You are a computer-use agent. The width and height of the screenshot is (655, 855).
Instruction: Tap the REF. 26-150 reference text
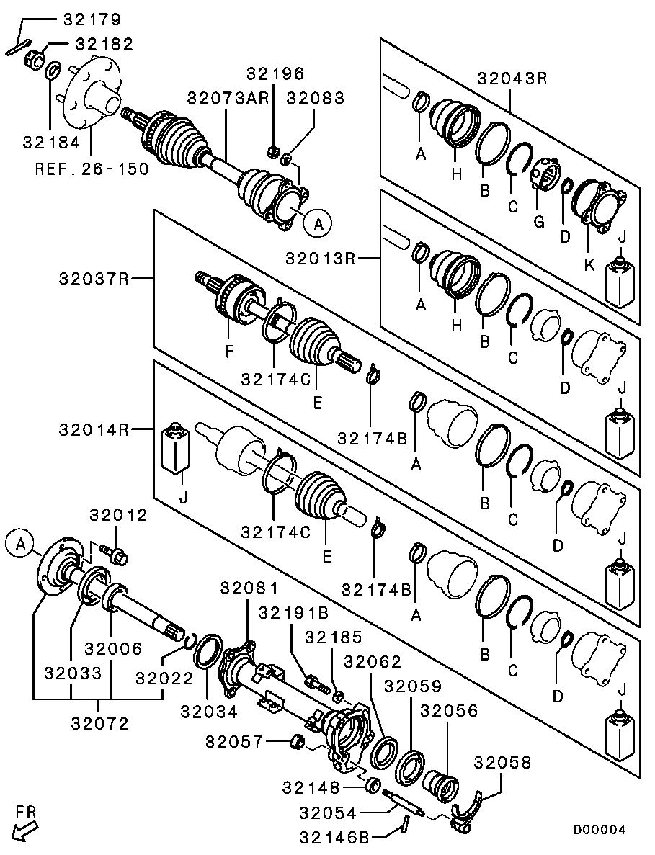pos(92,169)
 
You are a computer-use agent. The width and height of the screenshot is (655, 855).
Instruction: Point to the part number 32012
pos(118,515)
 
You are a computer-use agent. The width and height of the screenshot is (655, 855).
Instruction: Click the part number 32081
pos(249,588)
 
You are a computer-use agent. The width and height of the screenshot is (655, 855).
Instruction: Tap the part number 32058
pos(502,763)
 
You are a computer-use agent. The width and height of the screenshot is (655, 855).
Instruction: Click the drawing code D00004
pos(599,830)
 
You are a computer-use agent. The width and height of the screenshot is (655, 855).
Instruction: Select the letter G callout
pos(538,221)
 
